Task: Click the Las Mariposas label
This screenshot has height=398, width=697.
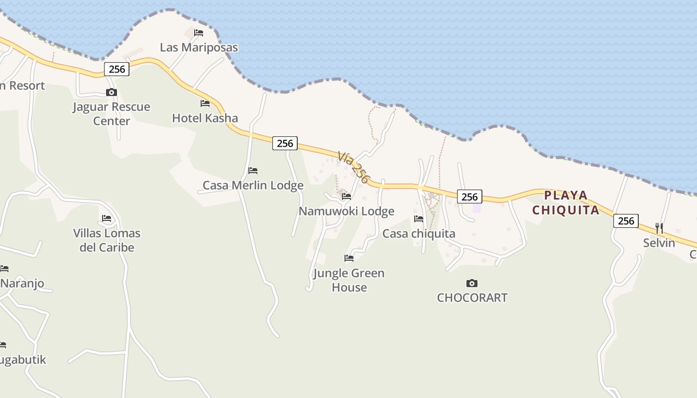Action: [199, 48]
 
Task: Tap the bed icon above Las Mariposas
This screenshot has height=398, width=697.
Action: [199, 33]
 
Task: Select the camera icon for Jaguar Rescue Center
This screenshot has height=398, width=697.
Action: [112, 92]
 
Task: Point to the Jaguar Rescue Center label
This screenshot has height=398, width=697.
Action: [112, 114]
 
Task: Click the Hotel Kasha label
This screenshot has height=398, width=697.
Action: [205, 118]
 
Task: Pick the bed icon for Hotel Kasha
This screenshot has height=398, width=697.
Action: [205, 103]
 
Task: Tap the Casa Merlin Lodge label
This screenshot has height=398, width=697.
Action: [253, 186]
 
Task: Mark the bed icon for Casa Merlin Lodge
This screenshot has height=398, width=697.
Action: [253, 171]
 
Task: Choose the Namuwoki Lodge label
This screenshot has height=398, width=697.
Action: [347, 211]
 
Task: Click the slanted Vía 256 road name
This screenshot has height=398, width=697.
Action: [354, 167]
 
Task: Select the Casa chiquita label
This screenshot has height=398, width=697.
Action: [419, 234]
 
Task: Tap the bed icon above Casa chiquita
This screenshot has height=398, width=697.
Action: [419, 219]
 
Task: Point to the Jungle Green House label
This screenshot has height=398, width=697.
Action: [349, 280]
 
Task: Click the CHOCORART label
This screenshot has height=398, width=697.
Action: [472, 298]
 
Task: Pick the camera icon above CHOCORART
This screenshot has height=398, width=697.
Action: [472, 284]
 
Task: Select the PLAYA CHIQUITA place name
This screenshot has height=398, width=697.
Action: [566, 202]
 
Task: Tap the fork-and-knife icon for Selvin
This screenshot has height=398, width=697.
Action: [659, 228]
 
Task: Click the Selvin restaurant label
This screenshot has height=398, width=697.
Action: [659, 243]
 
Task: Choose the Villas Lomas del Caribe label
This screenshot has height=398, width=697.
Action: [107, 240]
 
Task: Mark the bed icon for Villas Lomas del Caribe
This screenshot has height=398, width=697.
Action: [107, 218]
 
